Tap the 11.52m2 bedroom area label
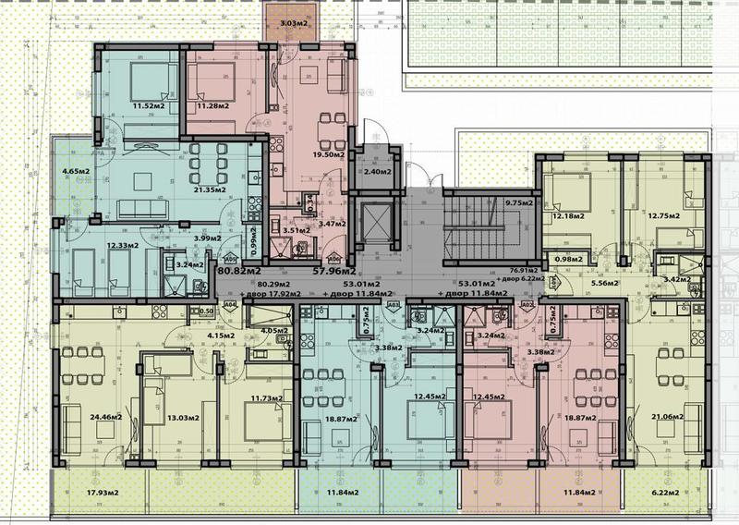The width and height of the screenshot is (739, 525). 148,106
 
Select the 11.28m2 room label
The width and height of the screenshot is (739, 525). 214,106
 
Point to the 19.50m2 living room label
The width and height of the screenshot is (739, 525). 328,155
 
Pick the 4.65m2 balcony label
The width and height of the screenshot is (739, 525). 76,171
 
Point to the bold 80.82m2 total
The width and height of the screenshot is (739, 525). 238,272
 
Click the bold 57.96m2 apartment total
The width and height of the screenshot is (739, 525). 337,272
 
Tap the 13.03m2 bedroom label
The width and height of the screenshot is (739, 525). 178,417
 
